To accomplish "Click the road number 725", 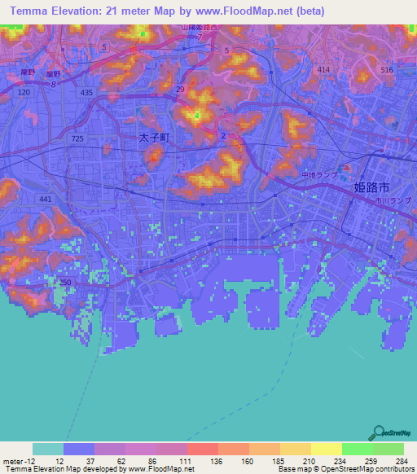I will coord(77,139).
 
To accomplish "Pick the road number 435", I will coord(86,94).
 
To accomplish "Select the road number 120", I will coord(24,93).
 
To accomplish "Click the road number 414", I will coord(324,71).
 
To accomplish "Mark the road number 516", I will coord(386,71).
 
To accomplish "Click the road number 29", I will coord(179,88).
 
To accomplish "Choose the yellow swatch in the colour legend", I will coord(327,449).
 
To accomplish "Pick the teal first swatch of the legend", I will coord(48,449).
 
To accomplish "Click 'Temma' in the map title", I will coord(29,11).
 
